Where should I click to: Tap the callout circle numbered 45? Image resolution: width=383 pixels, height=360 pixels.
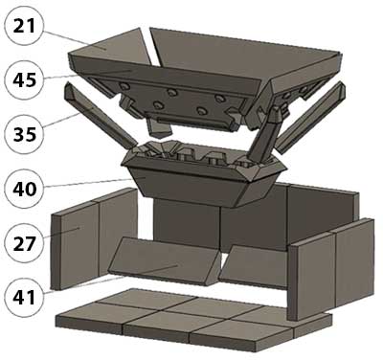click(x=25, y=79)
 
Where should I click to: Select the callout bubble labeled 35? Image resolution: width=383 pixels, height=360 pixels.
click(x=25, y=134)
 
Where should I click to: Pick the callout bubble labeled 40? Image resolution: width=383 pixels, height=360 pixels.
click(x=25, y=189)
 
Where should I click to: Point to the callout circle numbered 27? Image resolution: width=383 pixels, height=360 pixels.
click(x=25, y=243)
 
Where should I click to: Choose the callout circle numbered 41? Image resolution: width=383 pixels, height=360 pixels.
click(x=25, y=298)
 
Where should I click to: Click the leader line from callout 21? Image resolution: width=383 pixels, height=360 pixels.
click(x=75, y=40)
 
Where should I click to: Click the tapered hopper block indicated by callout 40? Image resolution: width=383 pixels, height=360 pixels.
click(x=204, y=179)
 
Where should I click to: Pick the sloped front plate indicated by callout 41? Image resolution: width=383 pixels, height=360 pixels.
click(x=165, y=261)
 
